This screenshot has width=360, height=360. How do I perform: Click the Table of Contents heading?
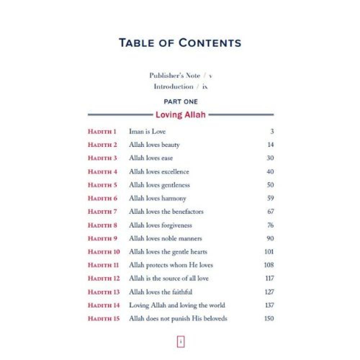point(180,43)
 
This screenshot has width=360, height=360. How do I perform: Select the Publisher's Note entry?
point(175,76)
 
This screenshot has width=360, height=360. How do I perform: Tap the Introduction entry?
point(174,87)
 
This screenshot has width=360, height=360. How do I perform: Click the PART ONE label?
point(180,102)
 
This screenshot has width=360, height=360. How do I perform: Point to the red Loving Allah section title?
point(180,115)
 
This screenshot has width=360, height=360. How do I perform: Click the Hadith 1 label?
point(102,132)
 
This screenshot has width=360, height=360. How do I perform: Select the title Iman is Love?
point(147,132)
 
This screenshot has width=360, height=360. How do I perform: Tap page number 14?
point(271,145)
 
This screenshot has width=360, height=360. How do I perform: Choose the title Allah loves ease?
point(151,158)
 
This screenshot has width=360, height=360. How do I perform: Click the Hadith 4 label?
point(103,172)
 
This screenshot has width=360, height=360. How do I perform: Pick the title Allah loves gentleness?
point(159,185)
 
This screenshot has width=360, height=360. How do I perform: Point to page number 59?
point(270,198)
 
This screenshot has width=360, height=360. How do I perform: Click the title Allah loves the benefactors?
point(166,212)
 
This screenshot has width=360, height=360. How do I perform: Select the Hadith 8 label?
point(103,225)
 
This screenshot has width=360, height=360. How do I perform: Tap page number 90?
point(270,238)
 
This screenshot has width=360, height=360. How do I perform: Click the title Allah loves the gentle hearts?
point(168,252)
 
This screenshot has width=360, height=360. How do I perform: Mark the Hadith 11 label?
point(103,265)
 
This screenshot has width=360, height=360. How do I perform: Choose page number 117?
point(269,278)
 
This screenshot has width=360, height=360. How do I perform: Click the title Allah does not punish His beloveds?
point(178,319)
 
